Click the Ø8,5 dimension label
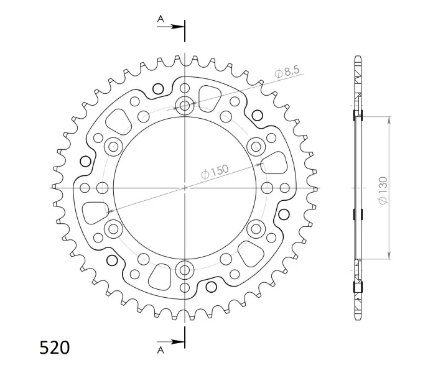(x=287, y=71)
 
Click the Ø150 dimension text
(x=215, y=172)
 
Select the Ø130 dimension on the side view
(x=383, y=190)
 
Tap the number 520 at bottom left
(x=54, y=348)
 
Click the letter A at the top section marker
(x=161, y=19)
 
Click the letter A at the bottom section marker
(x=161, y=351)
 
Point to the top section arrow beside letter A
(x=170, y=27)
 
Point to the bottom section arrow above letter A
(x=170, y=342)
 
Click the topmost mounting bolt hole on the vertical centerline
(x=185, y=106)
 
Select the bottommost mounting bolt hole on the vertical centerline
(x=185, y=270)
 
